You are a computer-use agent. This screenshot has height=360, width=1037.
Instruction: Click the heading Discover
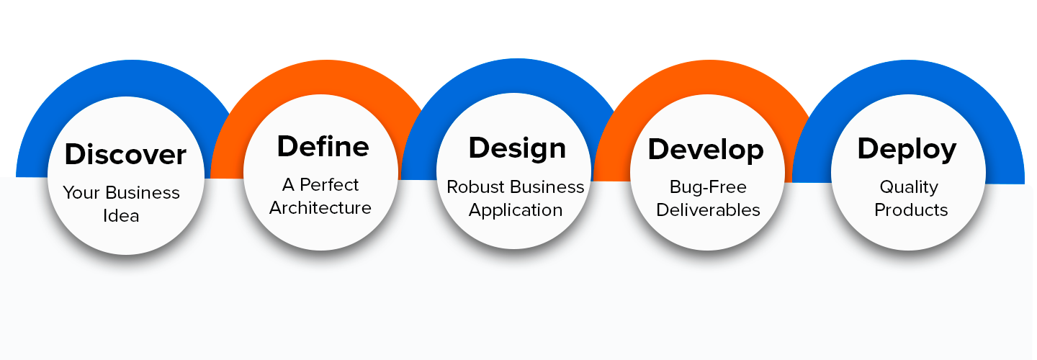coord(125,154)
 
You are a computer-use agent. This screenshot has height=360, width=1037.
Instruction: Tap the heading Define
coord(323,146)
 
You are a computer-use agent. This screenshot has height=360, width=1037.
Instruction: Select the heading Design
coord(517,149)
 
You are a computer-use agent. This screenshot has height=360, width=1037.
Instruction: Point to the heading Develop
coord(706,150)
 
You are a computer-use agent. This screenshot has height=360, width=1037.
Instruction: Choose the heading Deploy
coord(907,150)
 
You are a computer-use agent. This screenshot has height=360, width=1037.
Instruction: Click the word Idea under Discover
coord(121,215)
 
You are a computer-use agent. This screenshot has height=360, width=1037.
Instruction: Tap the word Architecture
coord(320,208)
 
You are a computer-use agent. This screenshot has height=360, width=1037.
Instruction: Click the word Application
coord(516,210)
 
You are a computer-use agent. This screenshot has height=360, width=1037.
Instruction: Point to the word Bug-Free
coord(708,187)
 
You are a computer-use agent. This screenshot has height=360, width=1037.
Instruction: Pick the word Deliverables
coord(708,210)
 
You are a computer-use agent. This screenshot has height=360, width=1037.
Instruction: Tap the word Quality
coord(909,187)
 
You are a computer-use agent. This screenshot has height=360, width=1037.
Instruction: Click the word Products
coord(910,210)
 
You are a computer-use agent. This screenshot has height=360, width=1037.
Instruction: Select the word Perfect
coord(328,184)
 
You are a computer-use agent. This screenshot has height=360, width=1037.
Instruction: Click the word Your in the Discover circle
coord(81,192)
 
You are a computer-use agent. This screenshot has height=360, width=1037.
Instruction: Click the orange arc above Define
coord(320,77)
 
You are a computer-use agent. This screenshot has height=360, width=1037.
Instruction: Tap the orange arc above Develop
coord(709,77)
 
